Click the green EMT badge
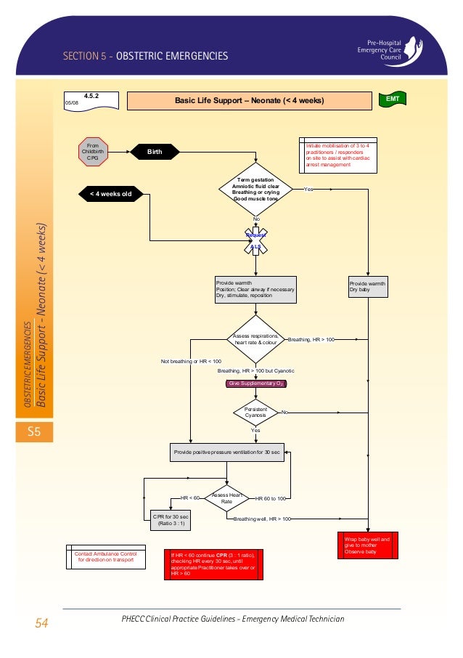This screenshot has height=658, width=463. [x=392, y=98]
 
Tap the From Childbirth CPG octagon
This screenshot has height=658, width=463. [x=93, y=151]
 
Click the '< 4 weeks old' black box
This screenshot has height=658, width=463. [x=111, y=194]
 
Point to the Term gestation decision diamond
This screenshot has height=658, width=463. [x=255, y=189]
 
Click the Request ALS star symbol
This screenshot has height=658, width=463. [x=255, y=240]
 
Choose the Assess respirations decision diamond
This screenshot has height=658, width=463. [x=255, y=338]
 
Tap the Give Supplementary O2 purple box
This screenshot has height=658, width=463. [x=256, y=383]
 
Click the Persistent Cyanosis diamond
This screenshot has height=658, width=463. [x=255, y=413]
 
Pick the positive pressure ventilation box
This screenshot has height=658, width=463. [x=226, y=452]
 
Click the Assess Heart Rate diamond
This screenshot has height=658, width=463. [x=226, y=498]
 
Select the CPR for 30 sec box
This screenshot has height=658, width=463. [x=168, y=519]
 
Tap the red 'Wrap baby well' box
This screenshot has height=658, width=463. [x=368, y=546]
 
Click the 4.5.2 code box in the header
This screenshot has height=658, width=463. [x=91, y=99]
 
